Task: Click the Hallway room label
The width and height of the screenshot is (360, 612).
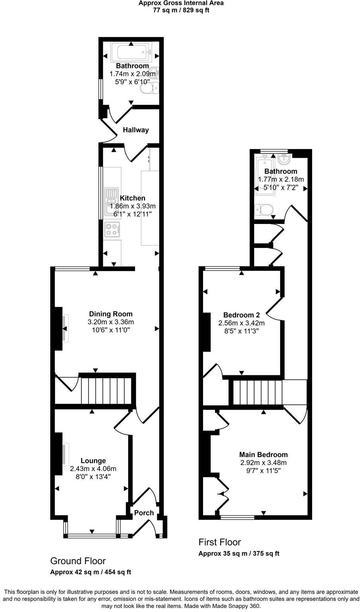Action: [135, 130]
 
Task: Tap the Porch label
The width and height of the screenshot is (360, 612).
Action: [144, 513]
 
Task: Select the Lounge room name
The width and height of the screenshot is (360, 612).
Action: [93, 461]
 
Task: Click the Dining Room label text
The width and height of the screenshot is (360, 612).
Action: [110, 314]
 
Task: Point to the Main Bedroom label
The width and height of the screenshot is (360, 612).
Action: [263, 455]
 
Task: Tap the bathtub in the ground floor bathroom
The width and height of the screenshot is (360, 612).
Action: [131, 52]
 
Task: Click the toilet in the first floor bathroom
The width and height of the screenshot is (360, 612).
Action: [263, 209]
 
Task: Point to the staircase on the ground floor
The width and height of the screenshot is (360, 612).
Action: [106, 391]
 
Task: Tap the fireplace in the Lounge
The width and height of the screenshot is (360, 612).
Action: [65, 454]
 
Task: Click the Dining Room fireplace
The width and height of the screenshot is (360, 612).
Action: [65, 329]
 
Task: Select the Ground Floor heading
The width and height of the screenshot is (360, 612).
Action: [78, 561]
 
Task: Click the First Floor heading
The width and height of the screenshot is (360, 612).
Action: [219, 542]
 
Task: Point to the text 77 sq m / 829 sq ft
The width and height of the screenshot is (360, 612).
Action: [181, 10]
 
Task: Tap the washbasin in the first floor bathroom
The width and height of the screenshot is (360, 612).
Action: [284, 160]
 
